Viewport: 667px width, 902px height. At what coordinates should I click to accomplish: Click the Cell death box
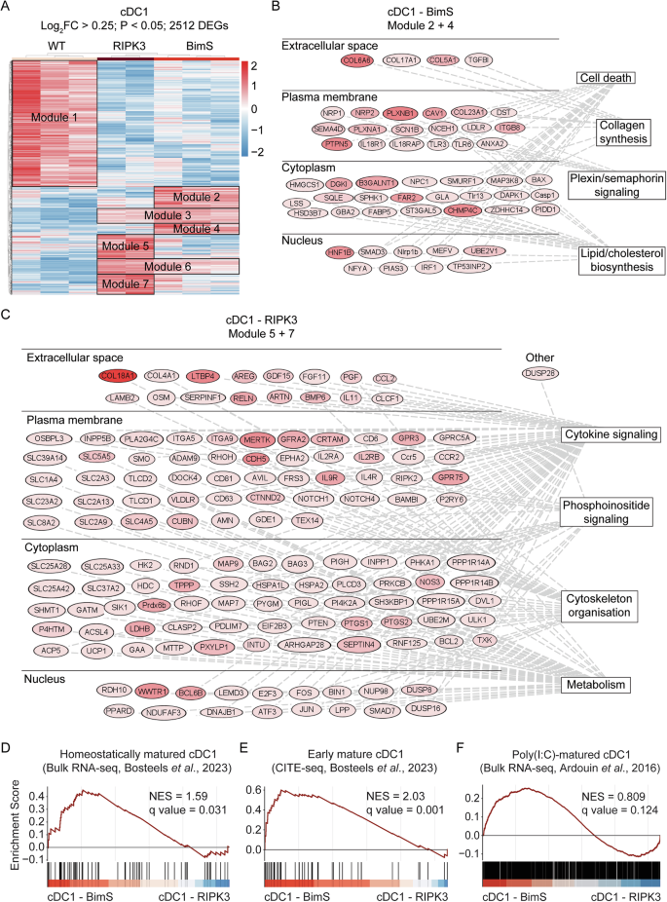[x=604, y=77]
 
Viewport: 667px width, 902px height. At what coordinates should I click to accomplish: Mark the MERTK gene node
[x=257, y=439]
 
